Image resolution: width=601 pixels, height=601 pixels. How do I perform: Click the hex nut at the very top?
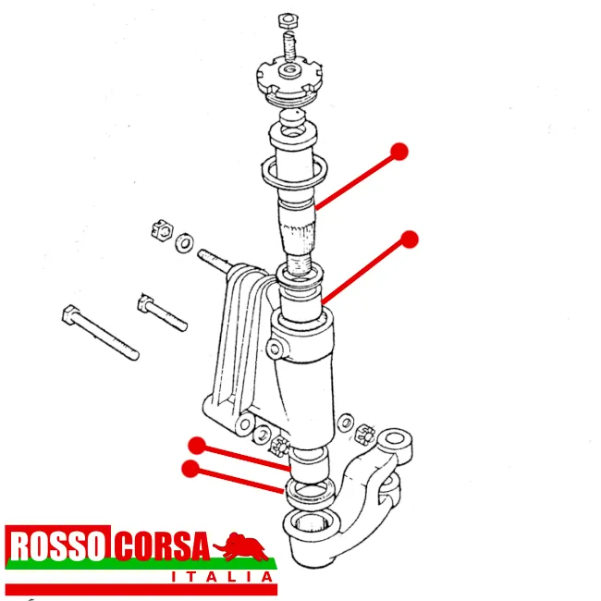pos(288,20)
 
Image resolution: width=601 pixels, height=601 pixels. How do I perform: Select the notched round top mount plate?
pos(289,80)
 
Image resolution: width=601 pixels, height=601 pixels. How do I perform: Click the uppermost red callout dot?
pos(399,152)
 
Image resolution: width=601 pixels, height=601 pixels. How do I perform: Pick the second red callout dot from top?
pos(410,239)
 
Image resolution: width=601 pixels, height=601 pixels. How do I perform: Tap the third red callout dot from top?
pos(197,446)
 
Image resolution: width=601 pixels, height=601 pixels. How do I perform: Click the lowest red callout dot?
pos(190,469)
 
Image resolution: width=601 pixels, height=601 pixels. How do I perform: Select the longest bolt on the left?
pos(100,332)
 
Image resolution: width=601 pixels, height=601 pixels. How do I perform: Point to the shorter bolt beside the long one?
pos(162,313)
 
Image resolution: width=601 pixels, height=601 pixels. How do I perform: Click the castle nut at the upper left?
pos(162,230)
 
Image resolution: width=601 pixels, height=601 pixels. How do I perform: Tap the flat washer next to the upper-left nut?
pos(184,242)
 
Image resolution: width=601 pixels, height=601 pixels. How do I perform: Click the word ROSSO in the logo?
pos(57,546)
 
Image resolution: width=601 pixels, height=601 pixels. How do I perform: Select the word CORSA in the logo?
pos(162,546)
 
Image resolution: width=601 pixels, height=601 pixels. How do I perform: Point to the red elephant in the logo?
pos(242,546)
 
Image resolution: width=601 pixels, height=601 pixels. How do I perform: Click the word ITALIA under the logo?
pos(222,576)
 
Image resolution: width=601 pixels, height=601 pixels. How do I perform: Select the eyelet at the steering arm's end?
pos(395,439)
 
